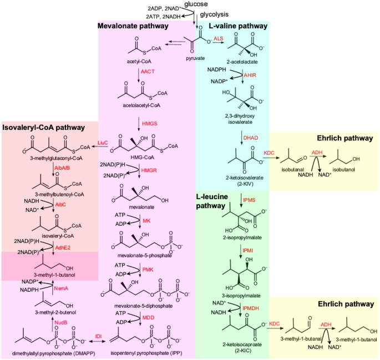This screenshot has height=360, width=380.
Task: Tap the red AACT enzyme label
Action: click(x=148, y=72)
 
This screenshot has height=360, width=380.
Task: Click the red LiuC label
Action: click(x=103, y=143)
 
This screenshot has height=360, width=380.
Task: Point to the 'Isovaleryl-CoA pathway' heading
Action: click(x=44, y=128)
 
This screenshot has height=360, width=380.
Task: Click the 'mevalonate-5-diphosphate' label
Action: click(x=148, y=305)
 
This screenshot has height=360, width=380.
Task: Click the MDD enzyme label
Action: click(x=147, y=317)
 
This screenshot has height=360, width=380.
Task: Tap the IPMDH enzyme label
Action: click(x=251, y=307)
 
